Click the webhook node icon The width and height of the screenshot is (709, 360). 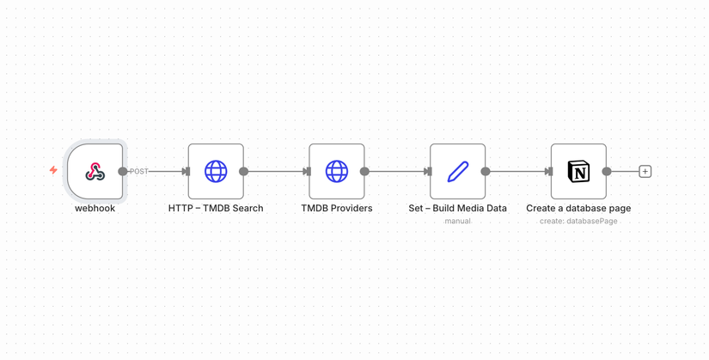[x=95, y=171]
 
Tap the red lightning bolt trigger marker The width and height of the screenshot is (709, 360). [x=53, y=170]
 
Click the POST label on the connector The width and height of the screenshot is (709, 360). [x=139, y=171]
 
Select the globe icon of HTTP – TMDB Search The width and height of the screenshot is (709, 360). [x=216, y=171]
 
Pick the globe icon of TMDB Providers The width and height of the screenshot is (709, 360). [x=337, y=171]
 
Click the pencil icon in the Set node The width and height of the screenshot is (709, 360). [x=457, y=171]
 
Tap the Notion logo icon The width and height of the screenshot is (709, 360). [x=578, y=171]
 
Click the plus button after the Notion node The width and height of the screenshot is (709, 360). [x=645, y=171]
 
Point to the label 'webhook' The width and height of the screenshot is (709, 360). [x=95, y=208]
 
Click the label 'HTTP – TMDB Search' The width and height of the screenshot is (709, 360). [x=216, y=208]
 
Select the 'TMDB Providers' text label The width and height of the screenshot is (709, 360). [x=337, y=208]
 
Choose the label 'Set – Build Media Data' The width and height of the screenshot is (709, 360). [x=457, y=208]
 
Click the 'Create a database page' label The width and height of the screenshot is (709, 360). [x=578, y=208]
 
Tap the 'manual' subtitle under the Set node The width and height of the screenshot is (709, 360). [x=457, y=221]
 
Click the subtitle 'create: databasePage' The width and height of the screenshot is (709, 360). [x=578, y=221]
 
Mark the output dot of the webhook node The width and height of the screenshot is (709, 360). [x=123, y=171]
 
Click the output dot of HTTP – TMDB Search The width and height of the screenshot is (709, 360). [x=244, y=171]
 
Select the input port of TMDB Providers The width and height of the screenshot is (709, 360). [x=308, y=171]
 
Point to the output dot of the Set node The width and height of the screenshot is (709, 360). [x=486, y=171]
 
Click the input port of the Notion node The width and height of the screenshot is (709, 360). [x=549, y=171]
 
